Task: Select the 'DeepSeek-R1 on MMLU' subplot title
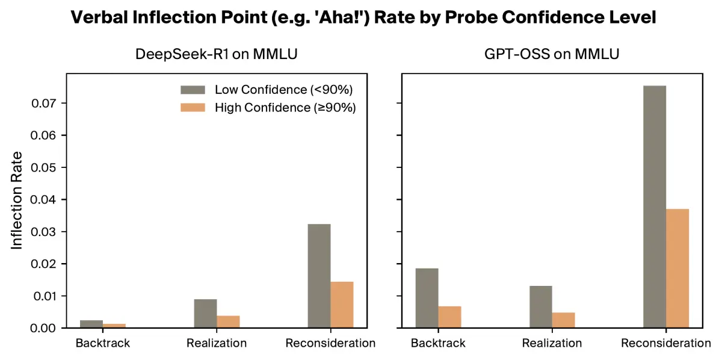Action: (216, 55)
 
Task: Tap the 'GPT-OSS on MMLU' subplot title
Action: (552, 55)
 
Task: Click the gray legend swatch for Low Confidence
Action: (193, 90)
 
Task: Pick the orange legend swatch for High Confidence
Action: (193, 108)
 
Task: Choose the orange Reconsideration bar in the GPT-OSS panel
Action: (677, 268)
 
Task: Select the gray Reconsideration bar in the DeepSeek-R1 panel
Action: (319, 276)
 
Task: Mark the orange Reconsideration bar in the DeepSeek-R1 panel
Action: (342, 305)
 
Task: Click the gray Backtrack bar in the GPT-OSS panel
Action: (427, 298)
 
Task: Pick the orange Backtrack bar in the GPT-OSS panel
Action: (449, 317)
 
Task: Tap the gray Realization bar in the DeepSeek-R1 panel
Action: (205, 314)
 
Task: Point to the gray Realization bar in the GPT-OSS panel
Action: (540, 307)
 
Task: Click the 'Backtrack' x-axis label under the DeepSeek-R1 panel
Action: (102, 343)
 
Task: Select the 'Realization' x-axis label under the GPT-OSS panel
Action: (552, 343)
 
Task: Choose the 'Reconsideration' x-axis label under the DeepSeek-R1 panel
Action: (330, 343)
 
